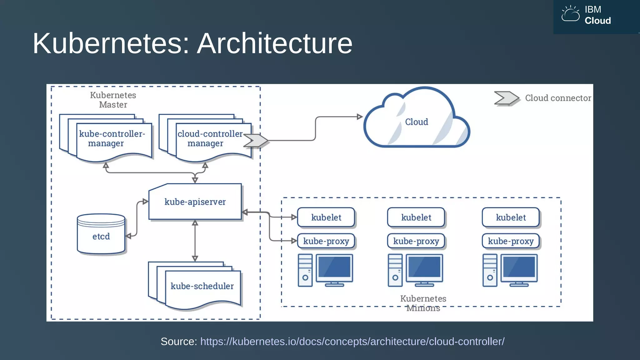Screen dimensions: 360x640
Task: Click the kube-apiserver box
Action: [x=195, y=202]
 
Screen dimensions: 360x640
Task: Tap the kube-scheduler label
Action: [x=202, y=286]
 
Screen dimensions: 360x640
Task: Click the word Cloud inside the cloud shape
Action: [x=417, y=122]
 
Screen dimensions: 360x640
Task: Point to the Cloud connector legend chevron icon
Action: [x=506, y=98]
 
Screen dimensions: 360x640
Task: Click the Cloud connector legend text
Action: [x=558, y=98]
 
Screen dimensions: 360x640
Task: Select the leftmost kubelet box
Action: [x=326, y=217]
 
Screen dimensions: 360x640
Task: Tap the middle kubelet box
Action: [x=416, y=217]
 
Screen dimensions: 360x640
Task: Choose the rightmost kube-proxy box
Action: [x=511, y=241]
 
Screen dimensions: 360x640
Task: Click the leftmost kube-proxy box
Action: [x=326, y=241]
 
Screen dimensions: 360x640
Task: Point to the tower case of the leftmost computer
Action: [x=305, y=270]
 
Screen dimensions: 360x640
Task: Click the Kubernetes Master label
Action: [x=113, y=100]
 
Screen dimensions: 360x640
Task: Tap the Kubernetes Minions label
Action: [x=423, y=303]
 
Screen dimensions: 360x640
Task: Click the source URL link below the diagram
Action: [x=352, y=342]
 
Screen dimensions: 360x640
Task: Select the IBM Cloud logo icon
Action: [x=570, y=14]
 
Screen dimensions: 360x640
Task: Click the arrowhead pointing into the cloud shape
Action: [x=360, y=117]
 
